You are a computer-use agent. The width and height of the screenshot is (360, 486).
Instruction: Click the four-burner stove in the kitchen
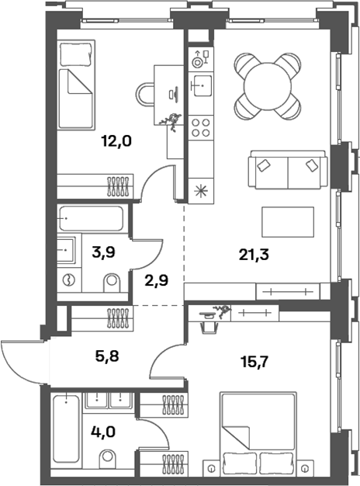[200, 127]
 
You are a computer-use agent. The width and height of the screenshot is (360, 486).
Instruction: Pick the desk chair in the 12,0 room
[147, 95]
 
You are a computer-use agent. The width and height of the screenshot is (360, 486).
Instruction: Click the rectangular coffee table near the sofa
[288, 223]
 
